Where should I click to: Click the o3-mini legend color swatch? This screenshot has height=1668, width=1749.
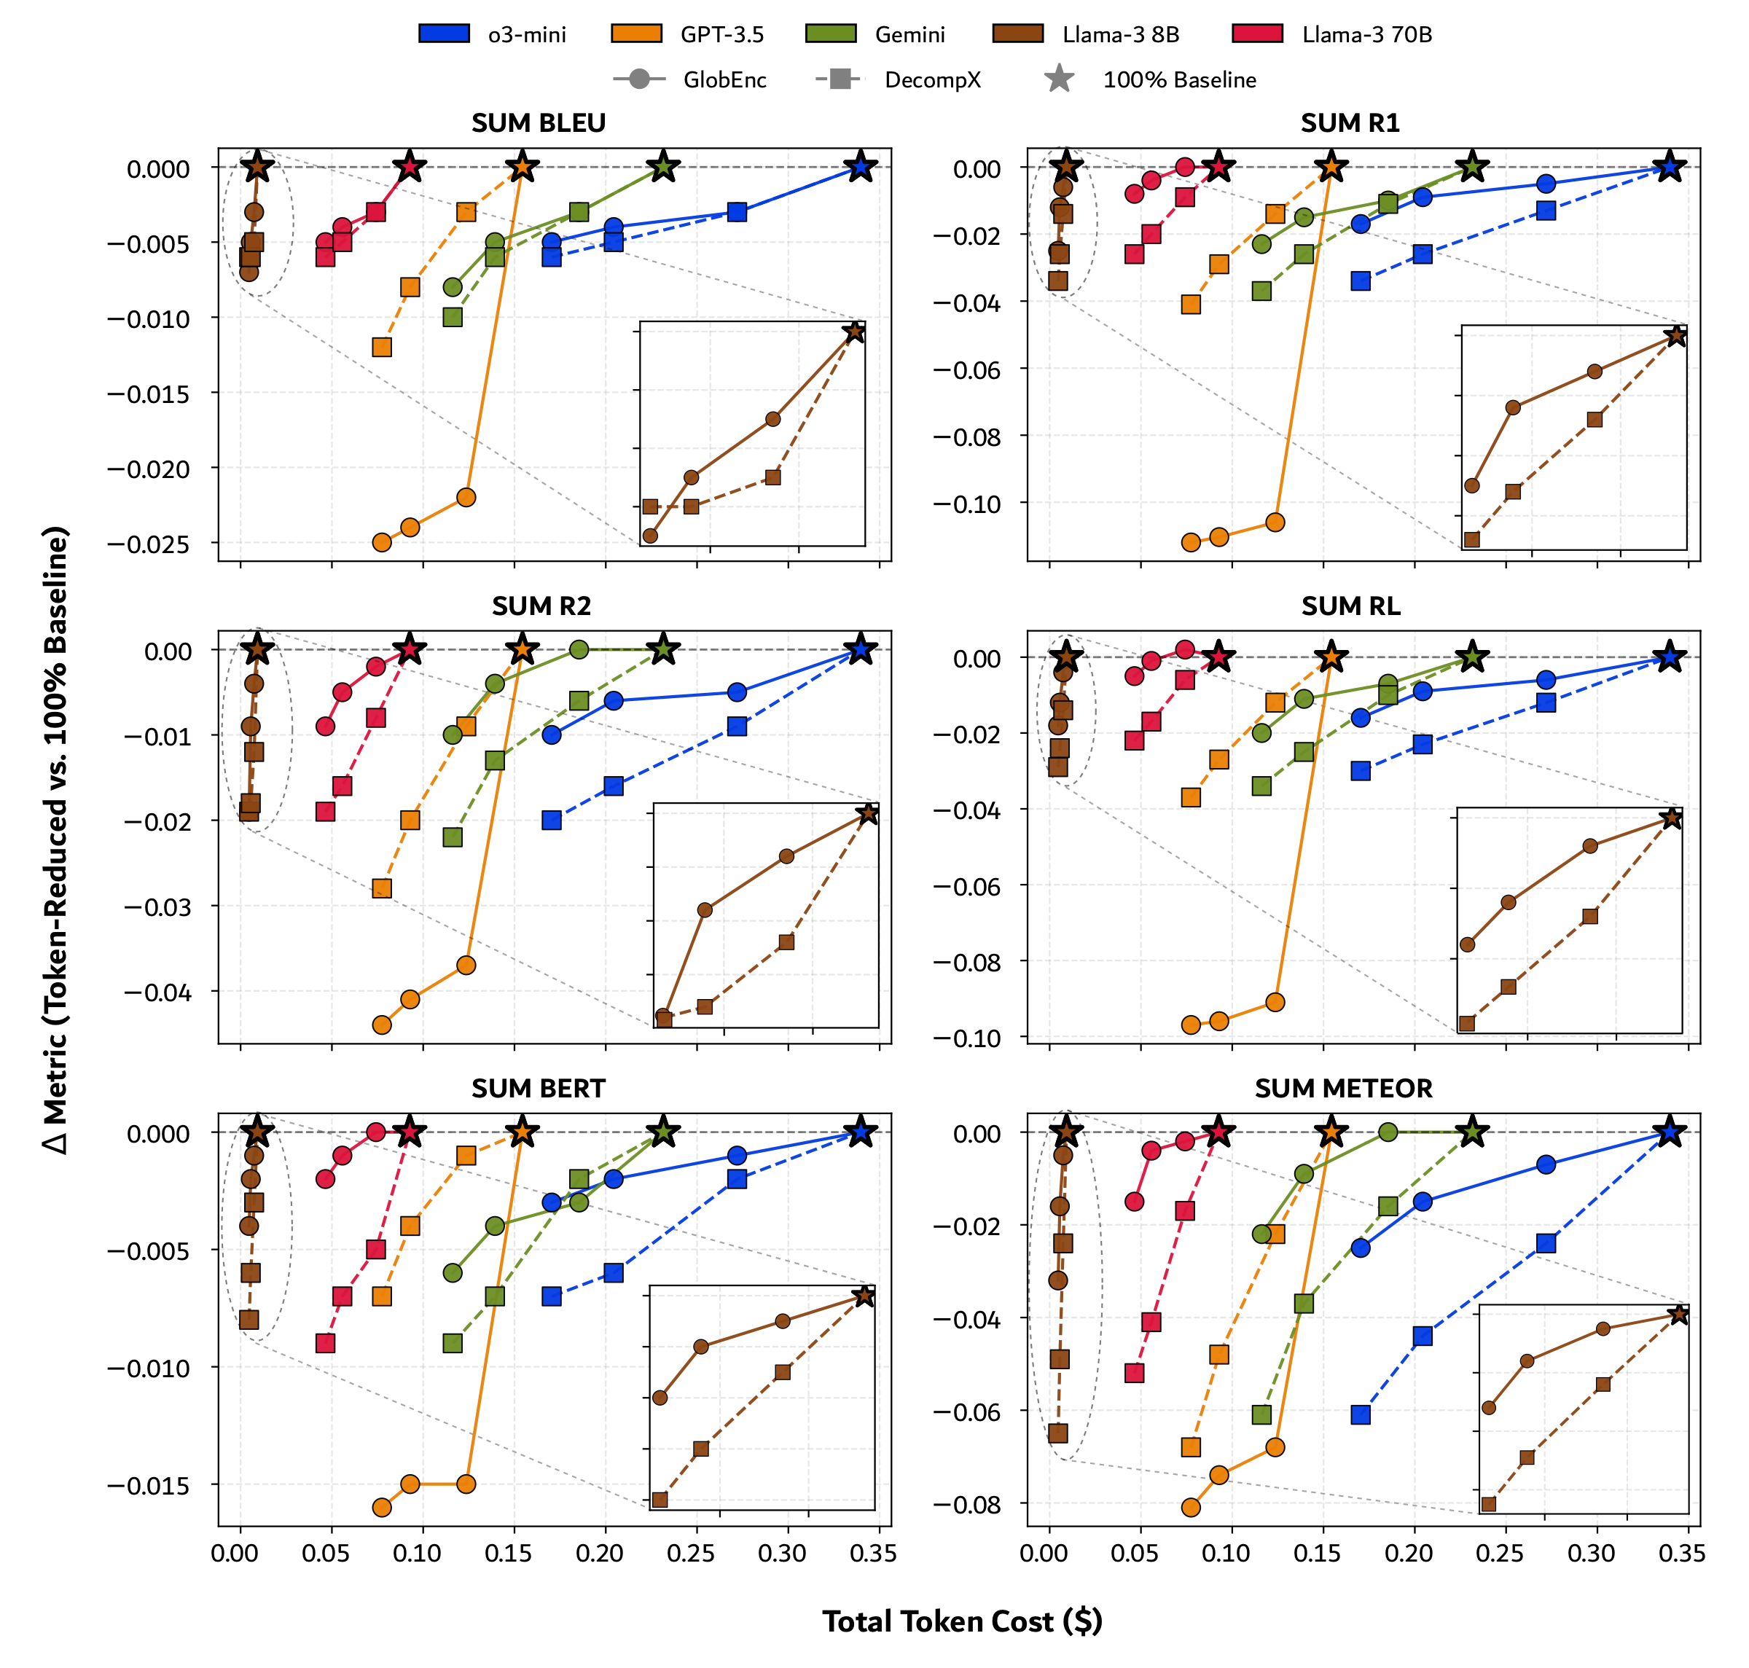tap(444, 34)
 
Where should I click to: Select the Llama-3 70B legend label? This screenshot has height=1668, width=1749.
tap(1366, 35)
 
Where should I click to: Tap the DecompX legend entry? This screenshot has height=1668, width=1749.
tap(932, 80)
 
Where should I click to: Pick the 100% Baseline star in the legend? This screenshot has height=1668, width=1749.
tap(1058, 79)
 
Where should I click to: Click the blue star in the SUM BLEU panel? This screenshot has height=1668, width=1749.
tap(859, 166)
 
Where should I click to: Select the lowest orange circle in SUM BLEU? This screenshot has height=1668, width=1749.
tap(381, 542)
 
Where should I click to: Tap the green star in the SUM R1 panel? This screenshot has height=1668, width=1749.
tap(1473, 166)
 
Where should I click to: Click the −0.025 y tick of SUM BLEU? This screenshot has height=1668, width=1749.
tap(149, 544)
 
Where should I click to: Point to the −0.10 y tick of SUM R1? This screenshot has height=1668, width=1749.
tap(966, 504)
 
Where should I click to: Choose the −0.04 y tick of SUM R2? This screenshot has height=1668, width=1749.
tap(157, 992)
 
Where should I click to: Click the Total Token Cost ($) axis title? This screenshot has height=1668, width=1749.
tap(961, 1621)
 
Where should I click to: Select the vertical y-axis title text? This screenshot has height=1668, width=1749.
tap(55, 839)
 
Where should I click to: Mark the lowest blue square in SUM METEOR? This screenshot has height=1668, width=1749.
tap(1361, 1414)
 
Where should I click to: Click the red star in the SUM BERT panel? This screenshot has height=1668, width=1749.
tap(409, 1132)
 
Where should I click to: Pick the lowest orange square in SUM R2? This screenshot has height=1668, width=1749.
tap(381, 888)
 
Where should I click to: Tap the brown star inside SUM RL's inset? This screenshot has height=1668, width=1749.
tap(1672, 818)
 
